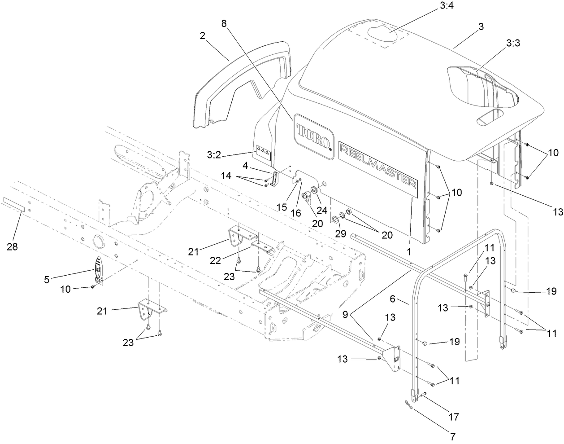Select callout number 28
point(13,247)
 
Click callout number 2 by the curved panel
point(203,36)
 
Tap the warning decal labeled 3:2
point(263,152)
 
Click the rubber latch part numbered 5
point(99,270)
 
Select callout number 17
point(454,417)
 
